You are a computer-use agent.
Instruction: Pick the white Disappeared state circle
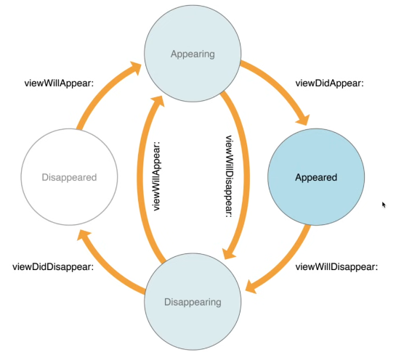(71, 177)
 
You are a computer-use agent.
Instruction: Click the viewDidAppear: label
(328, 83)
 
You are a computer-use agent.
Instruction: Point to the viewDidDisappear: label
(53, 266)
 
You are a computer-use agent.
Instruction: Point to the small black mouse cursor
(384, 205)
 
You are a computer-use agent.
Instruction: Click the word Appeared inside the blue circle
(315, 177)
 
